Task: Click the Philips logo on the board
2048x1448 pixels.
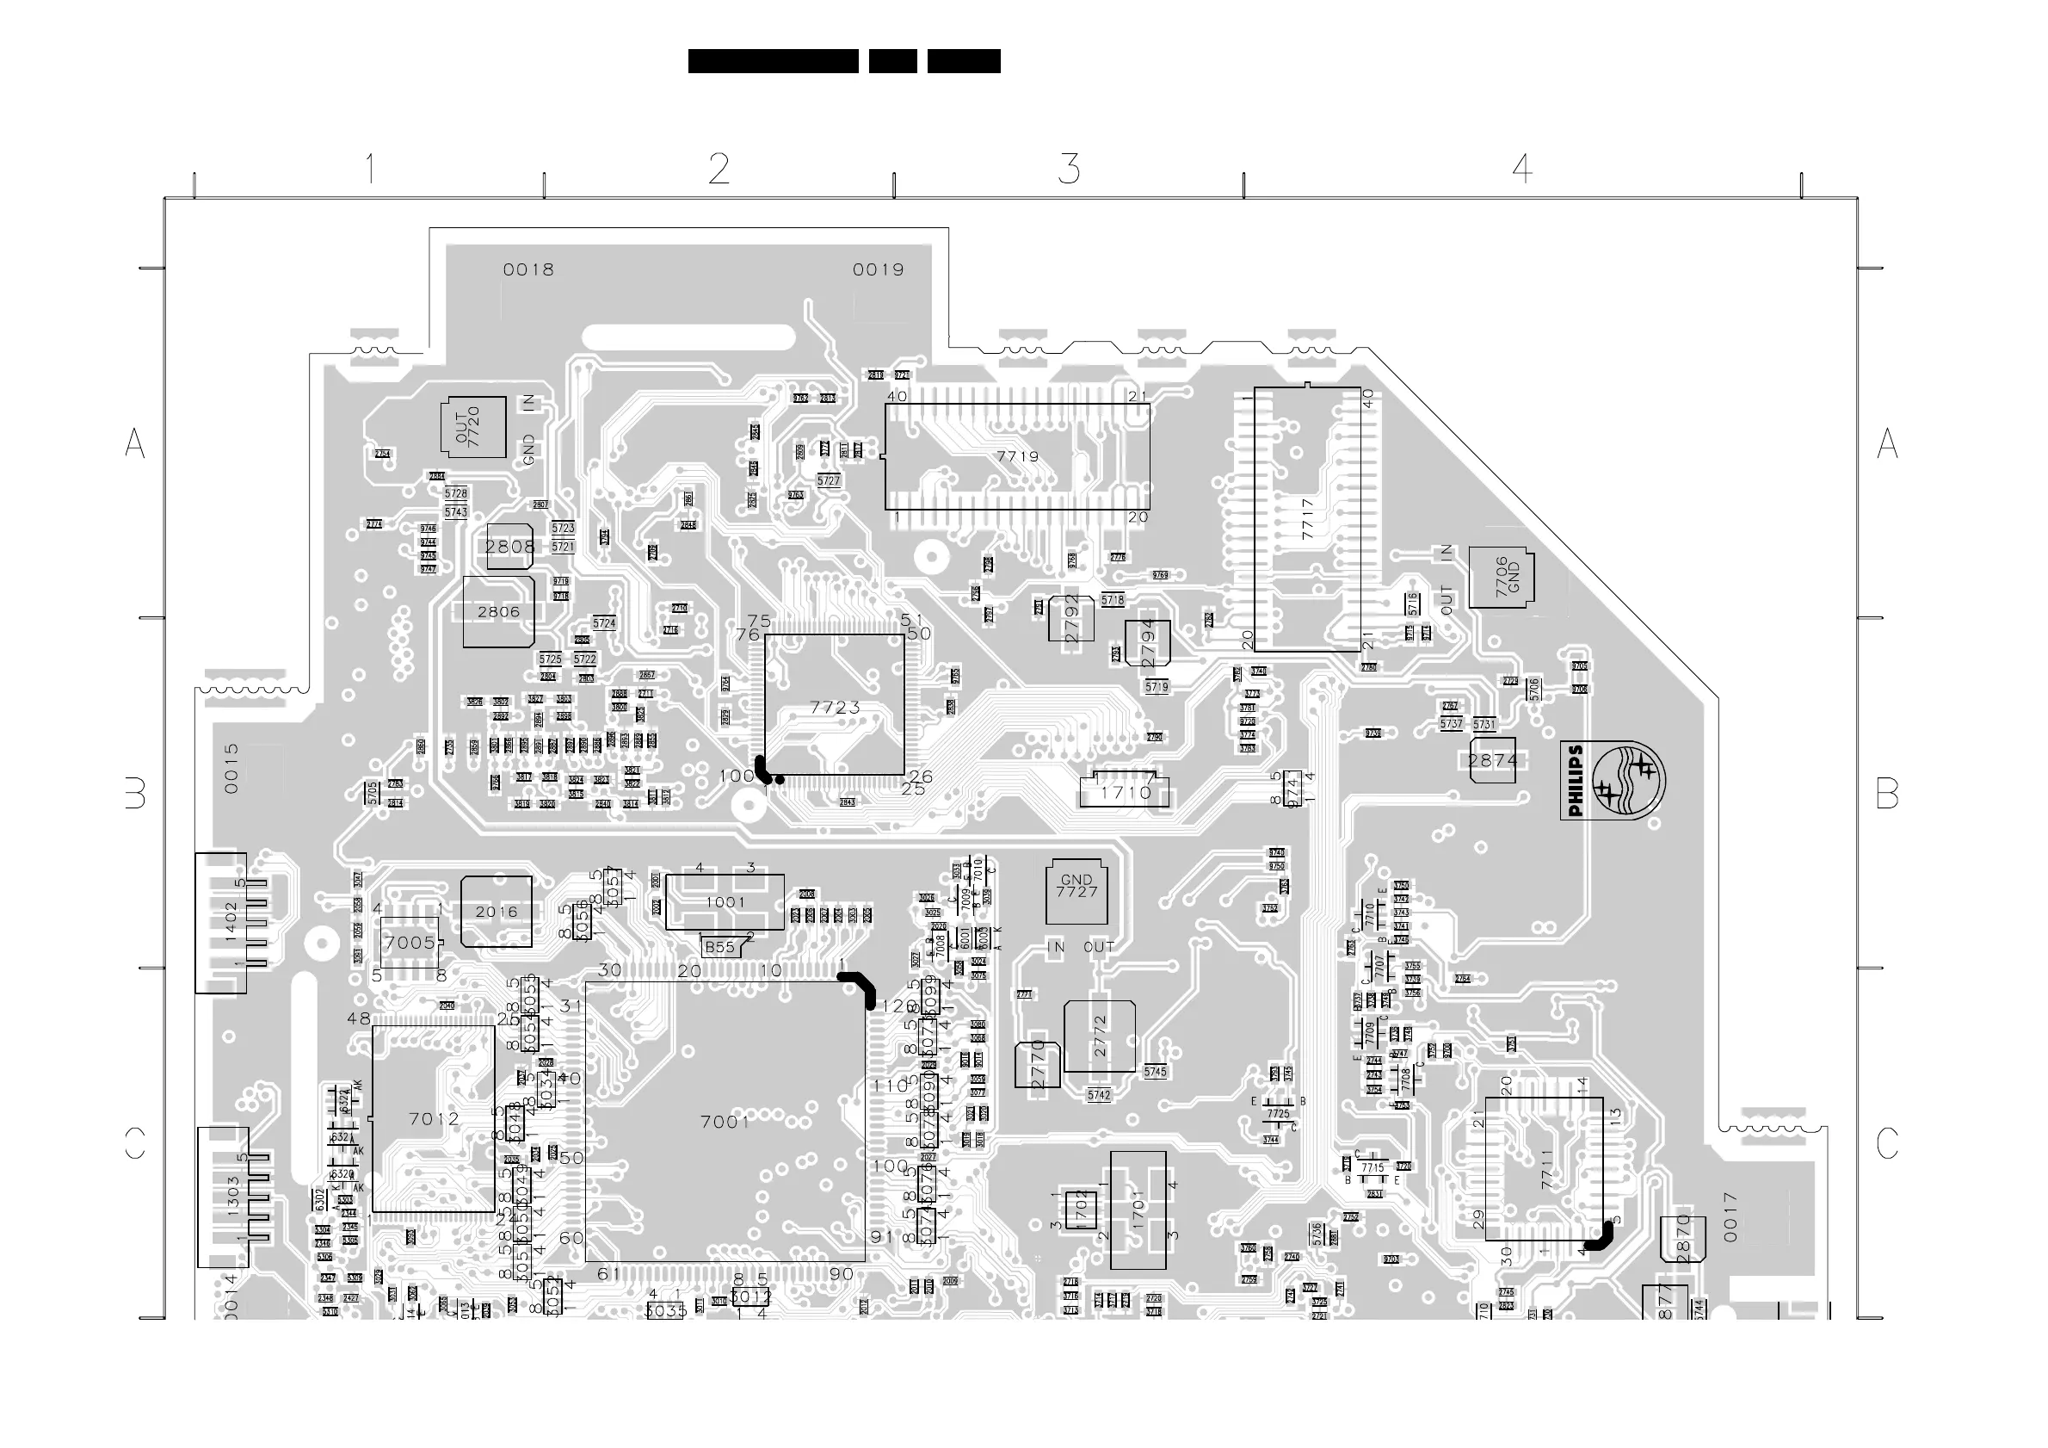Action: [1613, 781]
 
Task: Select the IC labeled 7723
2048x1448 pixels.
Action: [835, 706]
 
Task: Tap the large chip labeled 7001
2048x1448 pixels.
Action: [725, 1122]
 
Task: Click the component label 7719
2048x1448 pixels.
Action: [1017, 457]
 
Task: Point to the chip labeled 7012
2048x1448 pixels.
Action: [434, 1119]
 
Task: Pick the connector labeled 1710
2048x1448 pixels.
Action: [1125, 791]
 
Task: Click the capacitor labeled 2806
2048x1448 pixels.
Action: [498, 612]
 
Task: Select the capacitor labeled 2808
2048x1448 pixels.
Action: [509, 547]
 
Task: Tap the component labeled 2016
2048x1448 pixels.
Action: [496, 912]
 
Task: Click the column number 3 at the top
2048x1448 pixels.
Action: [1069, 169]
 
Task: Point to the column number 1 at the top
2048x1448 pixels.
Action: [369, 169]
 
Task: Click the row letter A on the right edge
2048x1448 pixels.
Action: [1887, 443]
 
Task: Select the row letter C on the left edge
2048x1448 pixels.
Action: [135, 1143]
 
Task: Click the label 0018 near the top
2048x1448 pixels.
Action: [528, 269]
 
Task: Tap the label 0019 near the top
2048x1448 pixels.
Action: [878, 269]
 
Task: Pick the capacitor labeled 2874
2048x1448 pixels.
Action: [1492, 760]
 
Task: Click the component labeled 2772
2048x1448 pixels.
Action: [1100, 1036]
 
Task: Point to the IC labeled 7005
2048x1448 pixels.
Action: [410, 943]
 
